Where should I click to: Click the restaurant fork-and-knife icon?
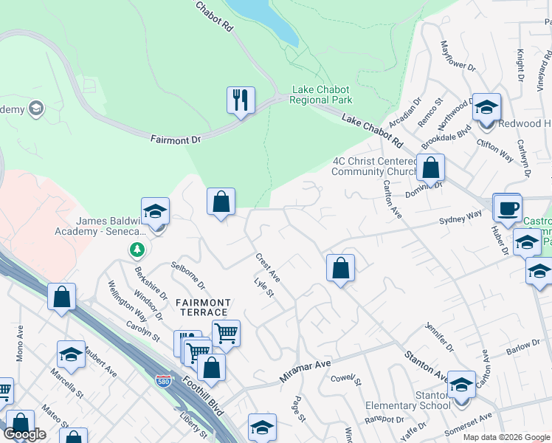pos(241,100)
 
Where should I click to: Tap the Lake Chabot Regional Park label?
pos(322,95)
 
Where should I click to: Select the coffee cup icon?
pos(507,207)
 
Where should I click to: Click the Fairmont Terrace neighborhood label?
pos(203,308)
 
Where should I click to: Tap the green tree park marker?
pos(137,250)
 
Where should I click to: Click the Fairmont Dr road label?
pos(176,138)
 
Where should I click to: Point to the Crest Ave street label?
pos(268,267)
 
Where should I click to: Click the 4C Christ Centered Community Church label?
pos(368,166)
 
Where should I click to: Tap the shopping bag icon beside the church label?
pos(431,168)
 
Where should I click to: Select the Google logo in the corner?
pos(25,434)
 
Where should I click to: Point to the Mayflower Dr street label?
pos(458,56)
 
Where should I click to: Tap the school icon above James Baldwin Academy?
pos(155,211)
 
